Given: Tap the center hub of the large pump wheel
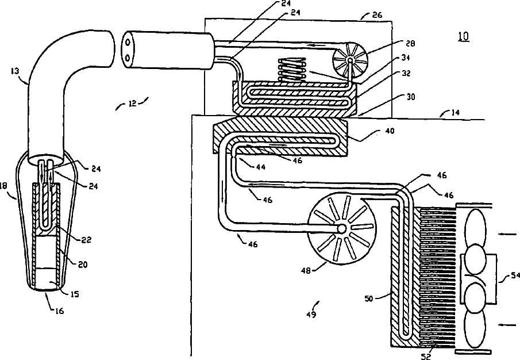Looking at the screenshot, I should coord(341,229).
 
